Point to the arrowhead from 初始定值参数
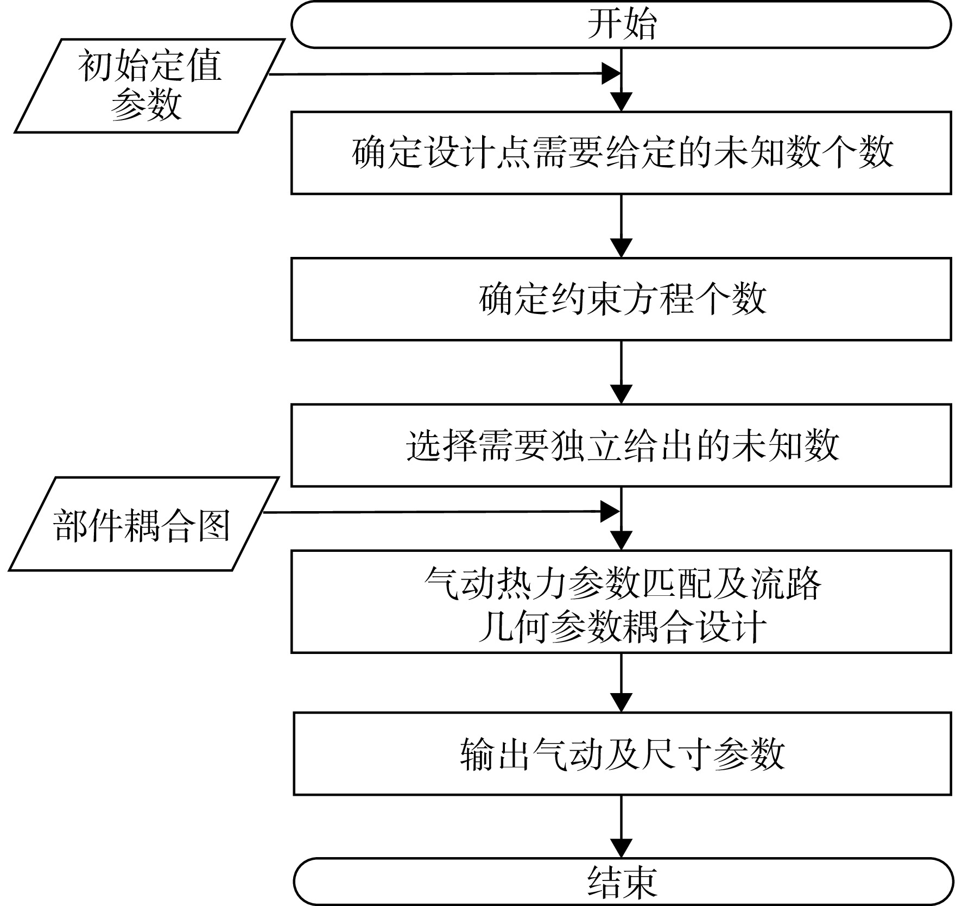point(612,74)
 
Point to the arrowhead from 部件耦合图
point(611,512)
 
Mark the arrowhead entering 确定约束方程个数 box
point(621,248)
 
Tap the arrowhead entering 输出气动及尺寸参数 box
point(621,703)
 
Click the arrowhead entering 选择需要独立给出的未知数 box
point(621,394)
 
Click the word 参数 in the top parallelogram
point(146,104)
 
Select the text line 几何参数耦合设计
point(622,627)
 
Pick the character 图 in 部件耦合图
point(213,525)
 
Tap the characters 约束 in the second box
point(586,299)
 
